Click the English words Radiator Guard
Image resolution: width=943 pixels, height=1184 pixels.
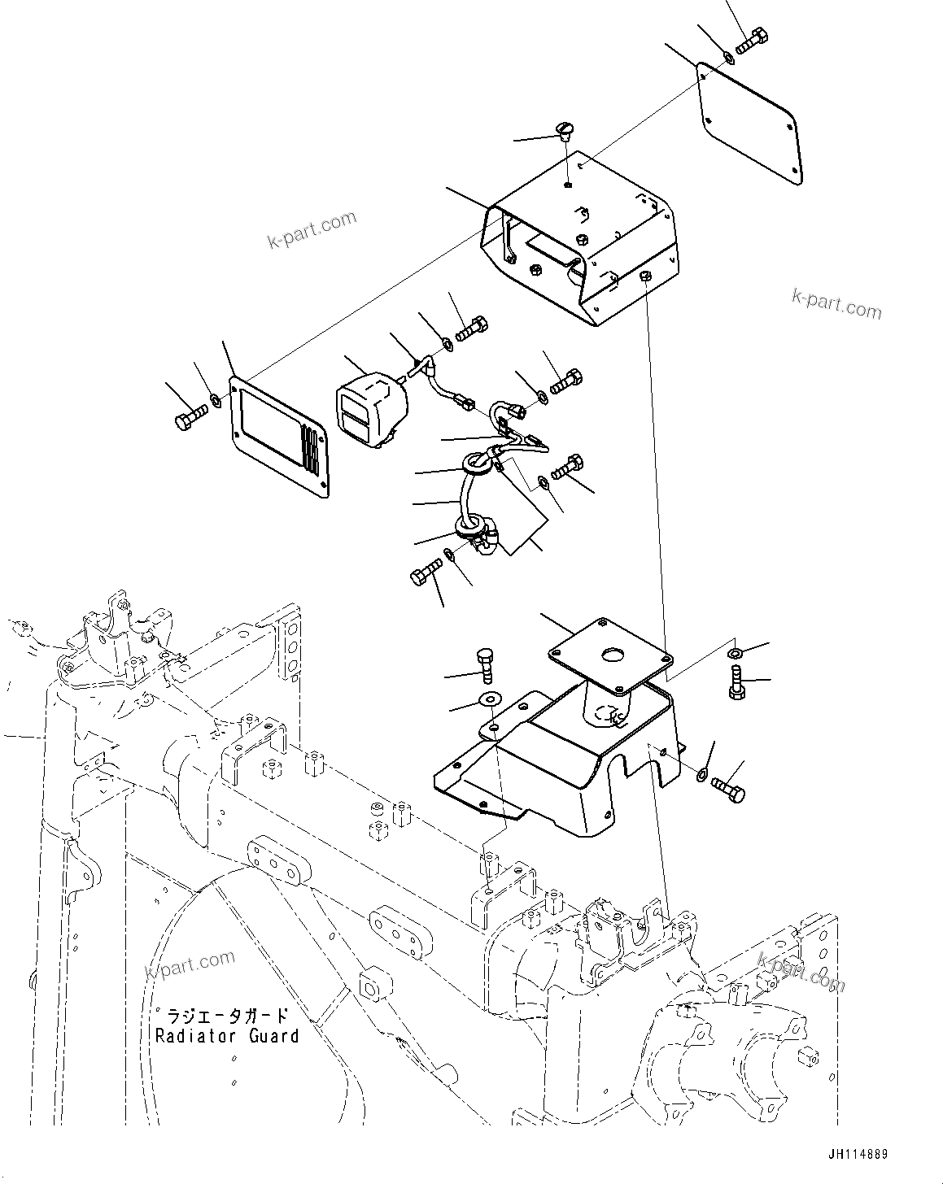[x=227, y=1036]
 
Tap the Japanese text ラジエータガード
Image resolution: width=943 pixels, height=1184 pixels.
[x=227, y=1016]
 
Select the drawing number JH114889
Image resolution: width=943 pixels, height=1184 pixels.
[x=858, y=1155]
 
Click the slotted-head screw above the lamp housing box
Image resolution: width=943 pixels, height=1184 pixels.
[x=565, y=129]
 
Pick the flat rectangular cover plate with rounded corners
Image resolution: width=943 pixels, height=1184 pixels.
[x=749, y=120]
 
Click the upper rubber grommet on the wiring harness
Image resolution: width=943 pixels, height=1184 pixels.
[x=477, y=464]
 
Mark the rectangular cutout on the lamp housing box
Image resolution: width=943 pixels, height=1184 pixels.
[x=551, y=246]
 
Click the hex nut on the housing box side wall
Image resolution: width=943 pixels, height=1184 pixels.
[x=644, y=276]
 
